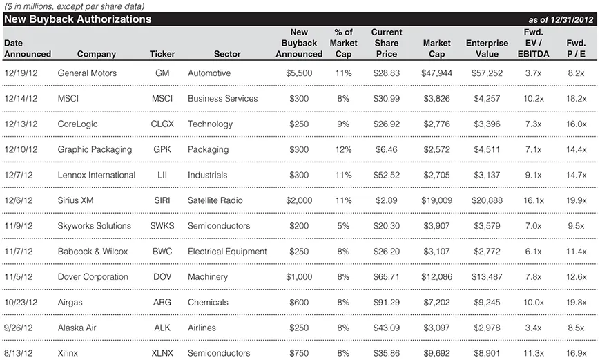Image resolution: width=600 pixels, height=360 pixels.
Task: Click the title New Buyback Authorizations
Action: point(77,19)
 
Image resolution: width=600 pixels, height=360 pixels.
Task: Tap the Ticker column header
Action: point(162,54)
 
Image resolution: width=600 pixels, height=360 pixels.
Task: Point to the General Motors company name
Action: point(87,73)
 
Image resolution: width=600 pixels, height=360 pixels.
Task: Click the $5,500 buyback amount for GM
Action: point(299,73)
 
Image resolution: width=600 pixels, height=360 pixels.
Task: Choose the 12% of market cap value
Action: point(343,149)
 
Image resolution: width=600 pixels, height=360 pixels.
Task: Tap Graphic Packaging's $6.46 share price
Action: point(387,149)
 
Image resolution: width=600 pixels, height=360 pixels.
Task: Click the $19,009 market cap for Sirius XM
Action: point(436,200)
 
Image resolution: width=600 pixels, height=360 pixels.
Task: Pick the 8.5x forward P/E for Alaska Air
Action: point(576,328)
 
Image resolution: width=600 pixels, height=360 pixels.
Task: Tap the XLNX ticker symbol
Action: point(162,353)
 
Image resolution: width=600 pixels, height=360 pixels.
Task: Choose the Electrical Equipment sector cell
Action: point(227,252)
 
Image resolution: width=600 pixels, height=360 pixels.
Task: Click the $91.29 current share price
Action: point(387,303)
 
